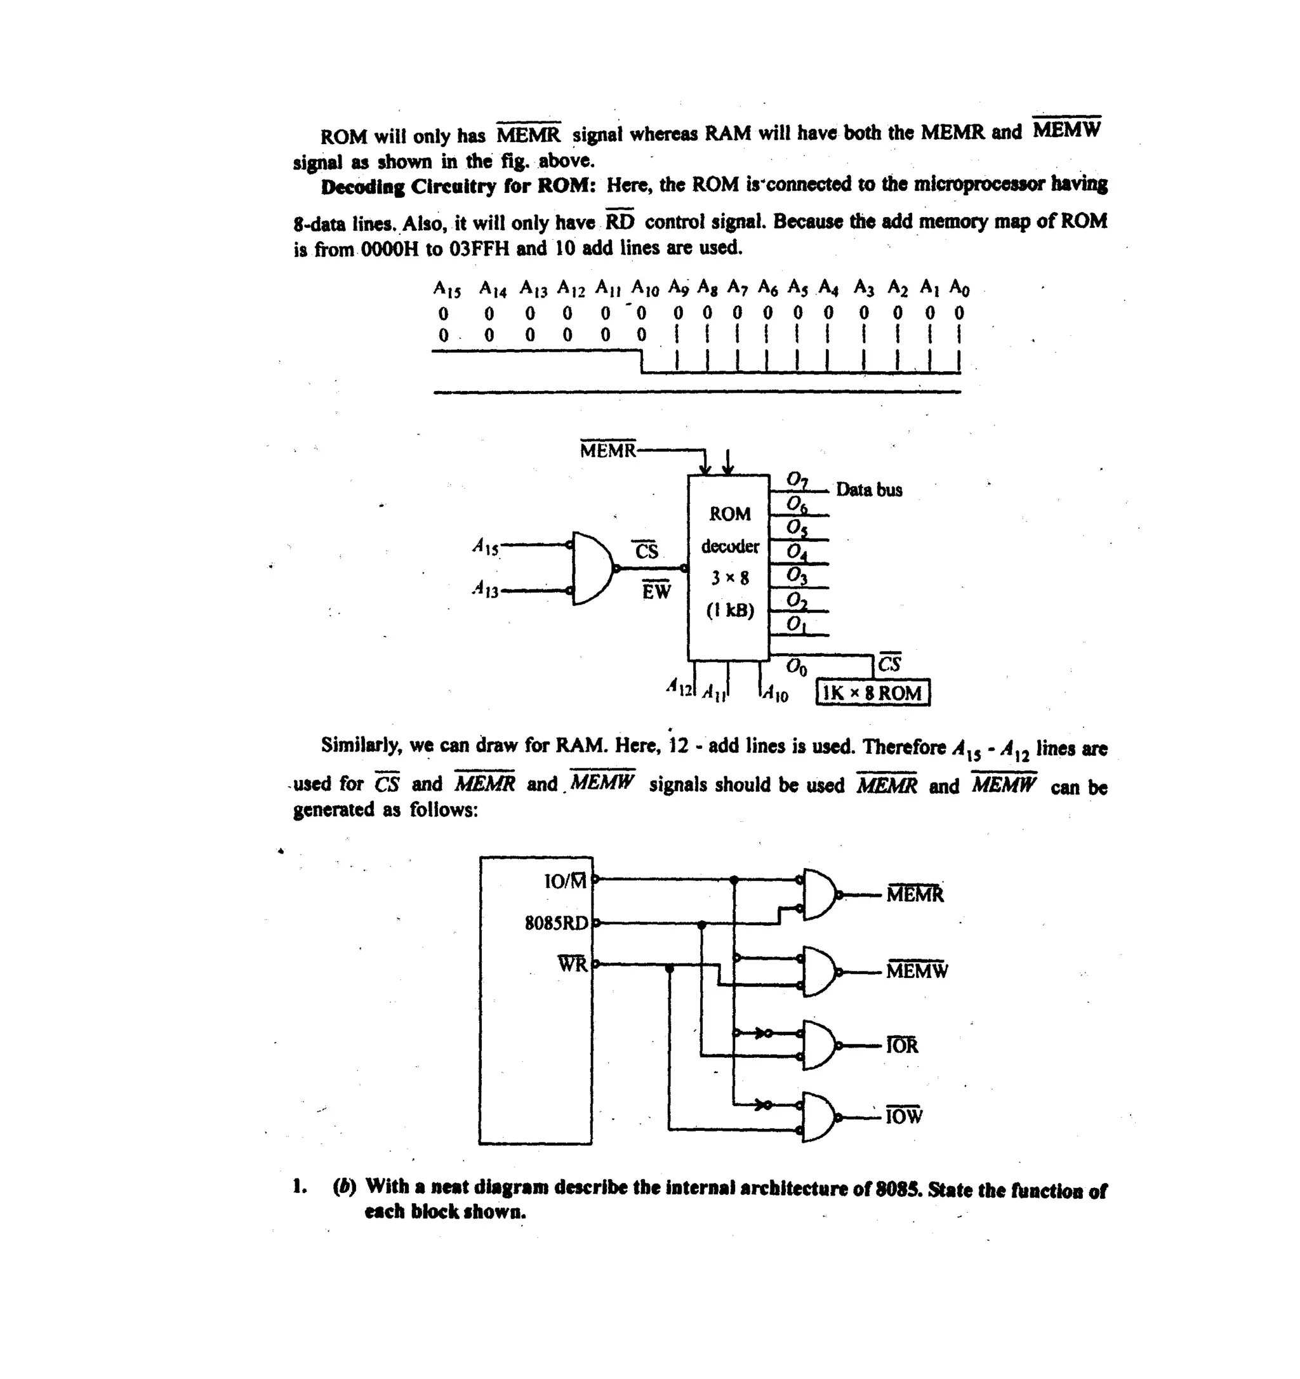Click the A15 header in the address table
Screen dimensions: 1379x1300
[447, 289]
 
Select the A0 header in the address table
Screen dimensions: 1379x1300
[958, 287]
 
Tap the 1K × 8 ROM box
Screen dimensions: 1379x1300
[873, 693]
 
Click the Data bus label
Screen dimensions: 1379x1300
[868, 490]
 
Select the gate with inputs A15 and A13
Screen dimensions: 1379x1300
[592, 569]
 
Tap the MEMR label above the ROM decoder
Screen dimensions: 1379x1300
[607, 451]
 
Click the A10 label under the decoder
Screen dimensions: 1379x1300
[776, 694]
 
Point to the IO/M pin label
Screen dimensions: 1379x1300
[566, 881]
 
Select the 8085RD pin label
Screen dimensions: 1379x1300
[556, 923]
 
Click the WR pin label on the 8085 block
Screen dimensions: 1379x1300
[573, 964]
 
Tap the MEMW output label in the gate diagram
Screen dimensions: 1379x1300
[917, 970]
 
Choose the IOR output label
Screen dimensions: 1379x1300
[902, 1045]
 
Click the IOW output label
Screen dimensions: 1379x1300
[904, 1116]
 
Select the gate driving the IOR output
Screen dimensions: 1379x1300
[820, 1045]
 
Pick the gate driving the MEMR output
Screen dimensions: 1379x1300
[820, 894]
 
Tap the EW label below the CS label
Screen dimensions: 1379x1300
[656, 591]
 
